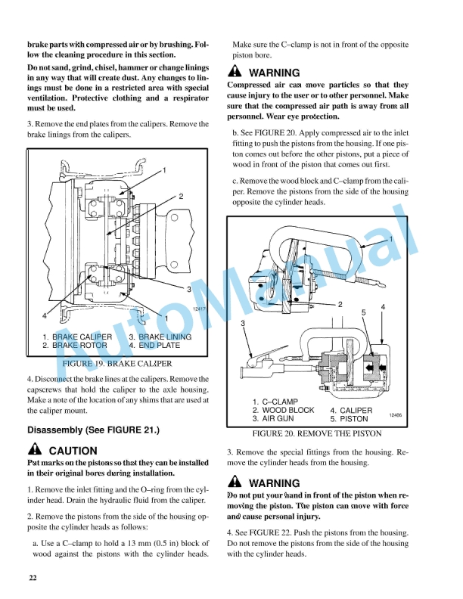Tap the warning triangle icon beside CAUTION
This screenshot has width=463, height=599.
(35, 450)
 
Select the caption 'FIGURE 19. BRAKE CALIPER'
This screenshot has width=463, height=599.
(116, 363)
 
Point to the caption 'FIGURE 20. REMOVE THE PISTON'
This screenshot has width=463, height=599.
(316, 434)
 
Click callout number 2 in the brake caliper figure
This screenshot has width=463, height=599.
(181, 196)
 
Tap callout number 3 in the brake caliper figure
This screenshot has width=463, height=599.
(188, 289)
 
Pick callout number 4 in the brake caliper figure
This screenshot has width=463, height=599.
(45, 315)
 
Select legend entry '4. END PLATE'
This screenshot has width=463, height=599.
(154, 345)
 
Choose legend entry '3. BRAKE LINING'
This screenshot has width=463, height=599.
(160, 337)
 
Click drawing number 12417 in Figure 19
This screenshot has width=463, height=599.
(199, 309)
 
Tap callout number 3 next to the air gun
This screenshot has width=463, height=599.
(243, 323)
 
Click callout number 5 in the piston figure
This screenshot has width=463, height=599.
(364, 312)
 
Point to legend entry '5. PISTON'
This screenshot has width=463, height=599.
(350, 418)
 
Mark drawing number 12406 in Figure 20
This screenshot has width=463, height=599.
(395, 415)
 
